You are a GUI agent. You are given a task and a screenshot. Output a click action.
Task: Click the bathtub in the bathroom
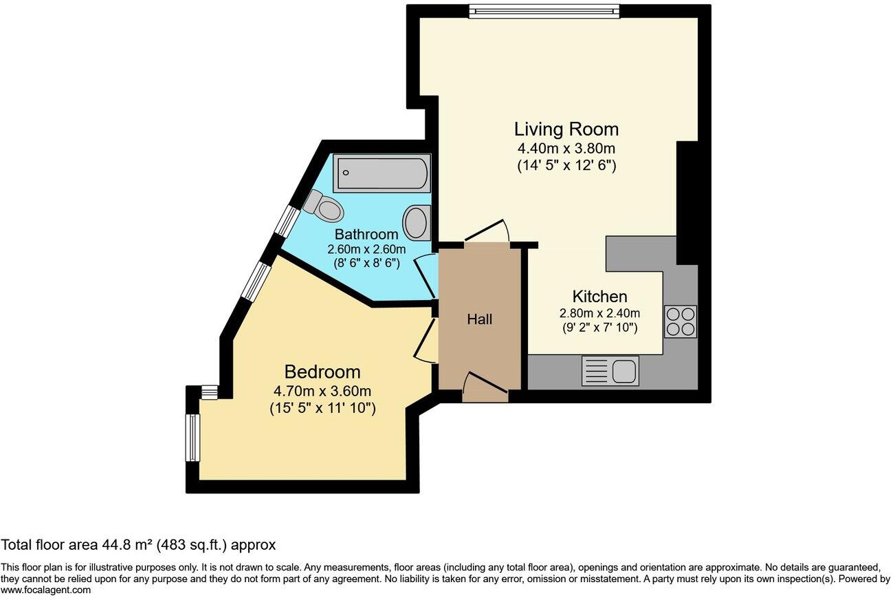[382, 173]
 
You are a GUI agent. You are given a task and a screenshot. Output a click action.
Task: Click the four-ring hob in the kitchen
[681, 321]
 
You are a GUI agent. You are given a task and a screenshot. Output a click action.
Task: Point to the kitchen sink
[610, 370]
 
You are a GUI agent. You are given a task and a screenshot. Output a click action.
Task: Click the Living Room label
[566, 129]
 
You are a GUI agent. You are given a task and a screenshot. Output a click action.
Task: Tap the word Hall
[480, 319]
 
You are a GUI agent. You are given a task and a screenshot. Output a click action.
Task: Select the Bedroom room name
[322, 372]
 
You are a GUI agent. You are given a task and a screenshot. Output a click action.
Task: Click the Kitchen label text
[599, 297]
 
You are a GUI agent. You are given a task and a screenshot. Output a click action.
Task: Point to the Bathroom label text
[366, 234]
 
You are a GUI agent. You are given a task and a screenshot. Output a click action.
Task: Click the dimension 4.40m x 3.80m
[566, 149]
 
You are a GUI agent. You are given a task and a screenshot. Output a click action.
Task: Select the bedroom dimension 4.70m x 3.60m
[322, 391]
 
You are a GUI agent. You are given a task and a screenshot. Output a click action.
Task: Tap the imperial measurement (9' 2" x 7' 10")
[599, 328]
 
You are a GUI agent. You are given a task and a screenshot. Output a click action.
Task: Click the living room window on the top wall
[544, 11]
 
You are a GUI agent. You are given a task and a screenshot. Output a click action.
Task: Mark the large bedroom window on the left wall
[192, 438]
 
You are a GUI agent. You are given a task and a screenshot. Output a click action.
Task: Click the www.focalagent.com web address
[45, 590]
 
